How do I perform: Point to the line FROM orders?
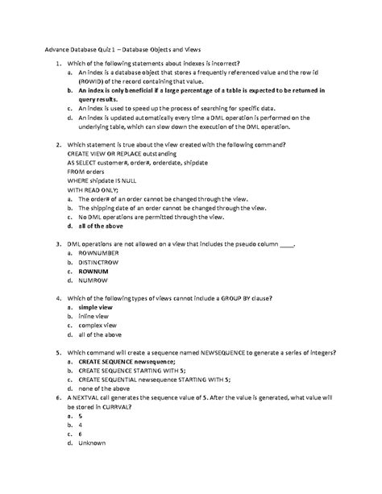point(87,170)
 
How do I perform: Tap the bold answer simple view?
point(98,309)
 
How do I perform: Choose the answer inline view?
point(95,318)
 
